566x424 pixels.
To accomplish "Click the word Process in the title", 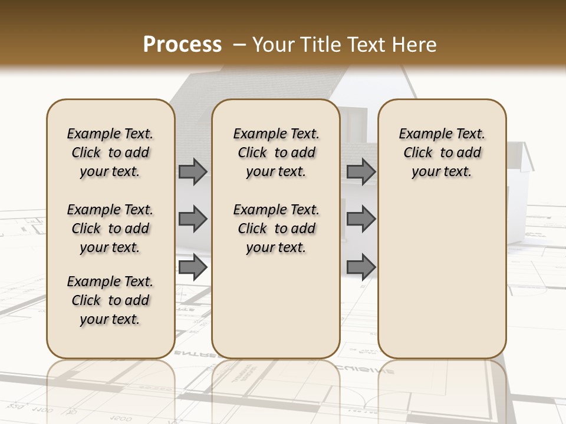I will [x=182, y=44].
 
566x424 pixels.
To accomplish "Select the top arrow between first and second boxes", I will [x=193, y=171].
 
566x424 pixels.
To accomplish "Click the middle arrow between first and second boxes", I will [x=193, y=219].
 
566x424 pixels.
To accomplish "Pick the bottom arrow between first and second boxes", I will [x=193, y=267].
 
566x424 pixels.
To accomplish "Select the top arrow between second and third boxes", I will [x=361, y=171].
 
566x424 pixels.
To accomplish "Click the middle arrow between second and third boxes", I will [x=361, y=219].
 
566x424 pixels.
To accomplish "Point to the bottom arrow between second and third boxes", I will [x=361, y=267].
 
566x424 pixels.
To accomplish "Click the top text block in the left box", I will [x=110, y=153].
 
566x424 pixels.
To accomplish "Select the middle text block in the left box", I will [x=110, y=228].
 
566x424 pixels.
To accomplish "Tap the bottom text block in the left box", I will [x=110, y=300].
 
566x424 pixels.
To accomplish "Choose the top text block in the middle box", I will [x=276, y=153].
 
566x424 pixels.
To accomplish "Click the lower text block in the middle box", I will [x=276, y=228].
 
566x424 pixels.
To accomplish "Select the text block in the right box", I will [x=442, y=153].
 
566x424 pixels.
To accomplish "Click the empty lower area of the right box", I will [x=442, y=277].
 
